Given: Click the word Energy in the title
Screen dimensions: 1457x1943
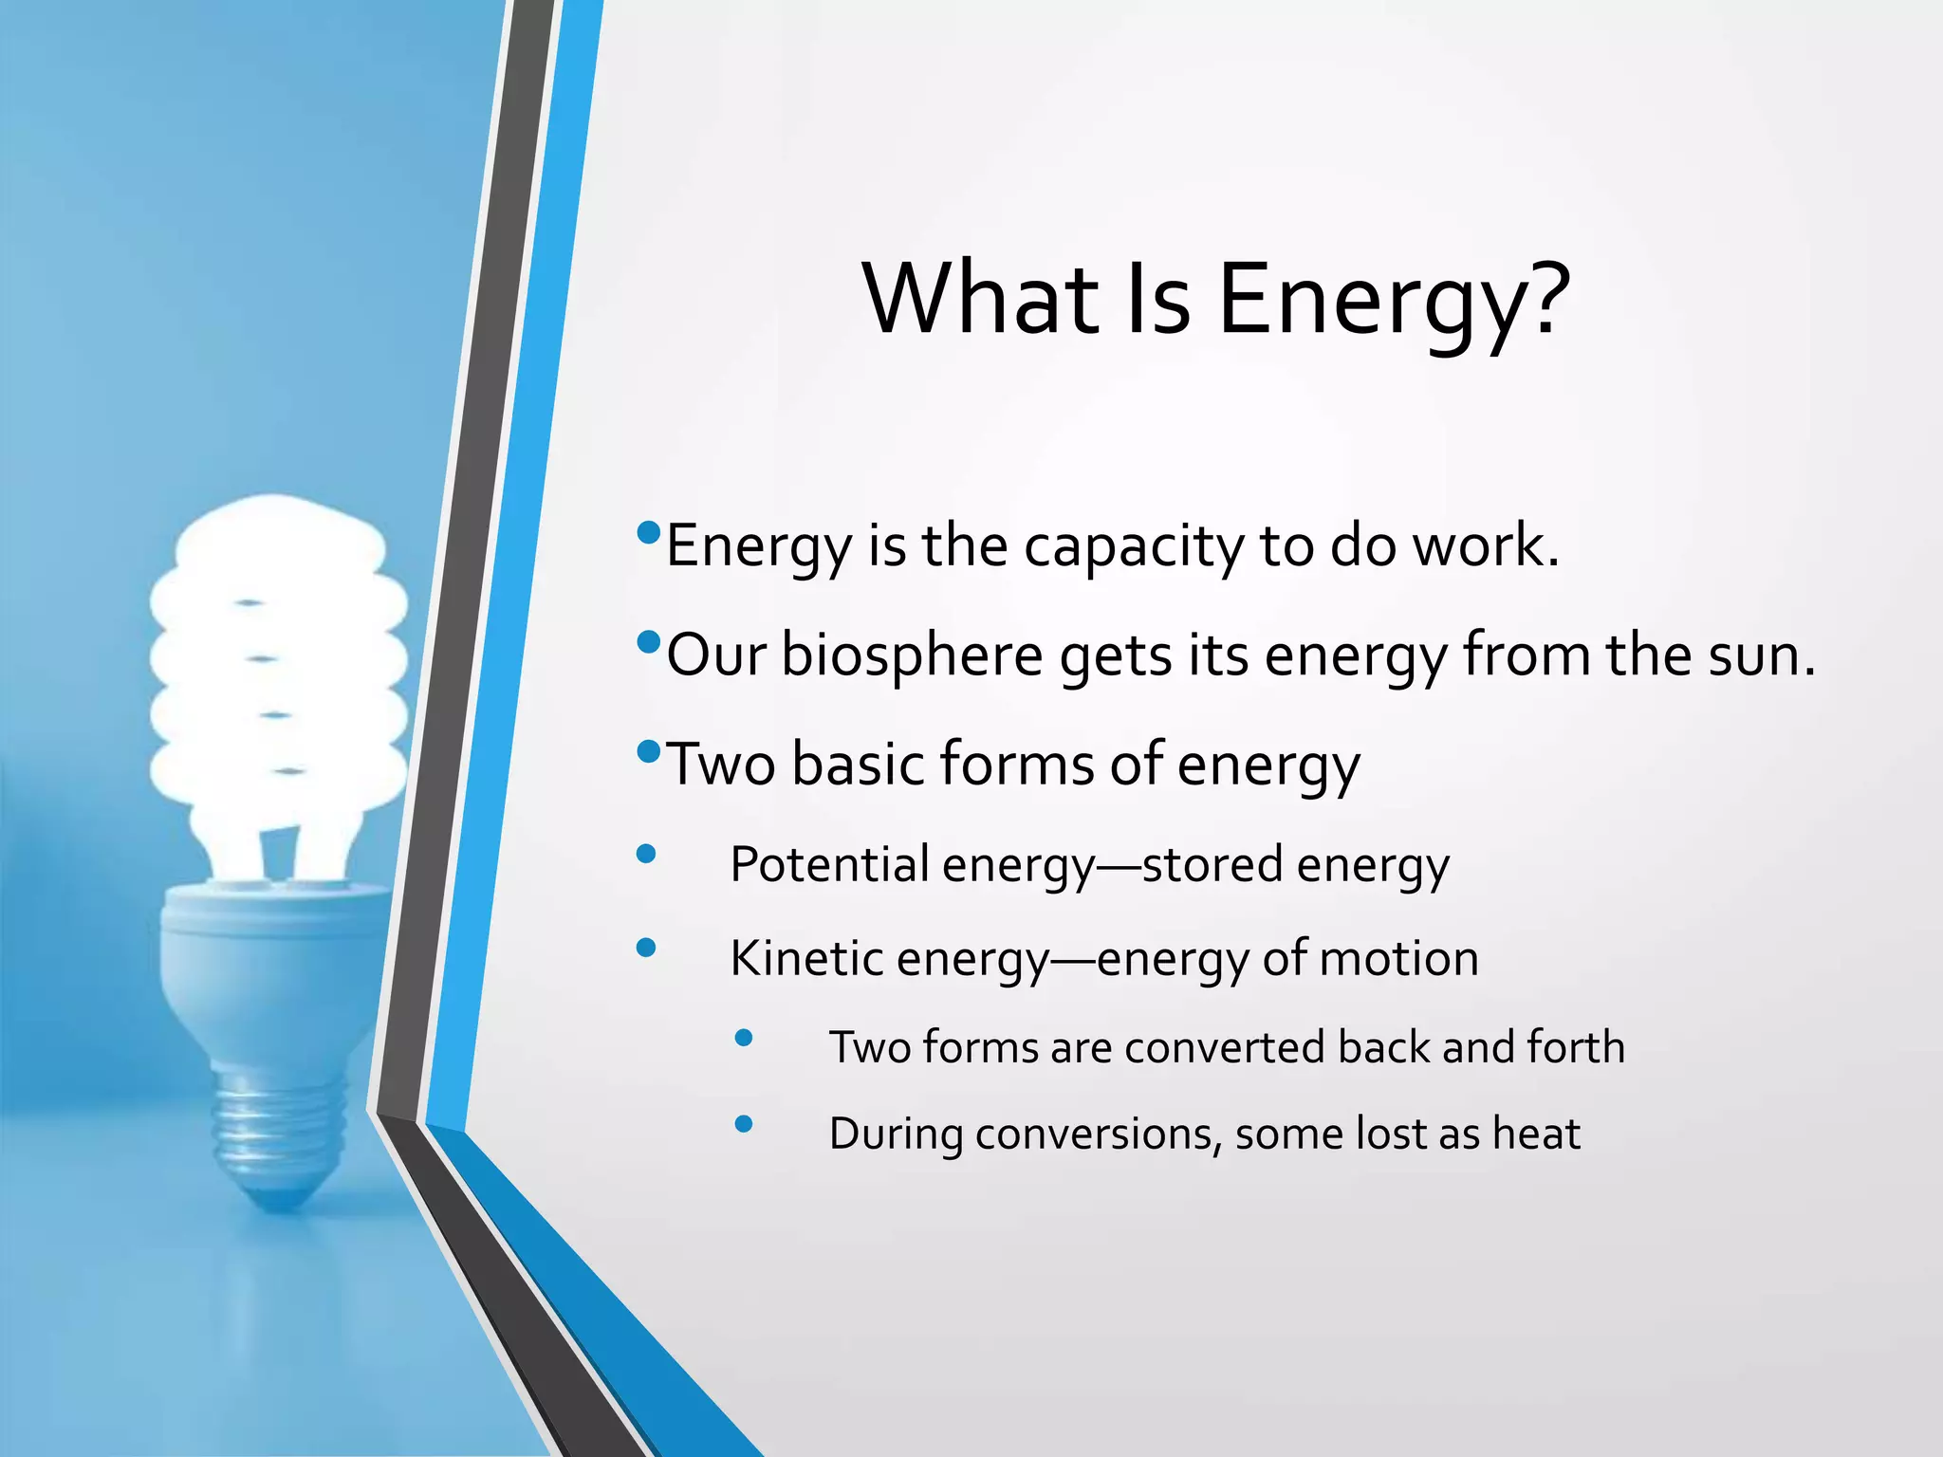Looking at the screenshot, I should (x=1367, y=302).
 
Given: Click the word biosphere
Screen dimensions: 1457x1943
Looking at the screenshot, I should (x=911, y=656).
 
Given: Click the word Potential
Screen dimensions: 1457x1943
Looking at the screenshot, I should (x=828, y=865).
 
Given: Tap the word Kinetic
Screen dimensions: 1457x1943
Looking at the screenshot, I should (x=805, y=958).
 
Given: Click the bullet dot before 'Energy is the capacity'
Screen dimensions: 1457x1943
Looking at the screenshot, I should (x=649, y=532).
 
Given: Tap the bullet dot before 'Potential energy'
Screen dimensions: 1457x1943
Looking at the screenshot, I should (x=646, y=855).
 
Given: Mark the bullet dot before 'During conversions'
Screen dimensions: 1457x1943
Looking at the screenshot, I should (x=744, y=1124).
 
